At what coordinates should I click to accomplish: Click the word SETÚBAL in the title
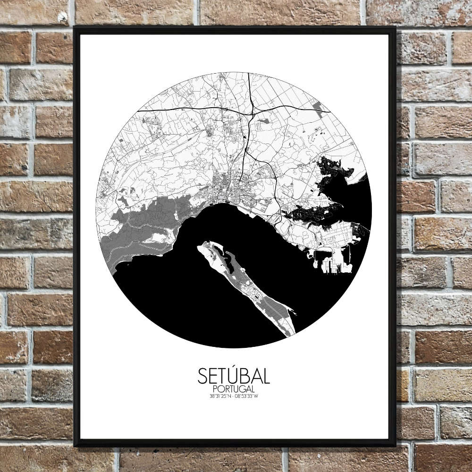click(x=234, y=376)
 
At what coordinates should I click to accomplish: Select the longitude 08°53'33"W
click(x=247, y=396)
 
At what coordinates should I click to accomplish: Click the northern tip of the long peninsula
click(x=204, y=244)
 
